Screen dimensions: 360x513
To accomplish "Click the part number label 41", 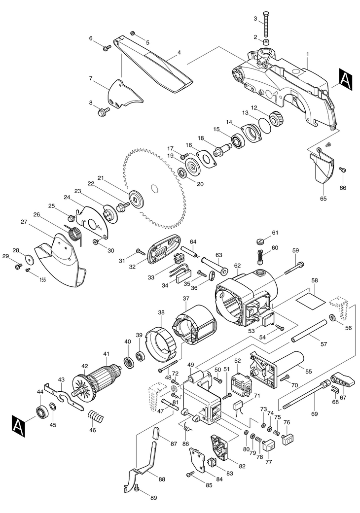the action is coord(107,354).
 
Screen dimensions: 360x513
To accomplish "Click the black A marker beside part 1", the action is coord(346,78).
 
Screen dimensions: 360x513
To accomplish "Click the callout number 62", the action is coord(237,266).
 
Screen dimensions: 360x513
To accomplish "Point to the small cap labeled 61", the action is coord(260,242).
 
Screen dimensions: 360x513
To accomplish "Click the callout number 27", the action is coord(24,221).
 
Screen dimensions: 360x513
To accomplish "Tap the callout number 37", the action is coord(186,298).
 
